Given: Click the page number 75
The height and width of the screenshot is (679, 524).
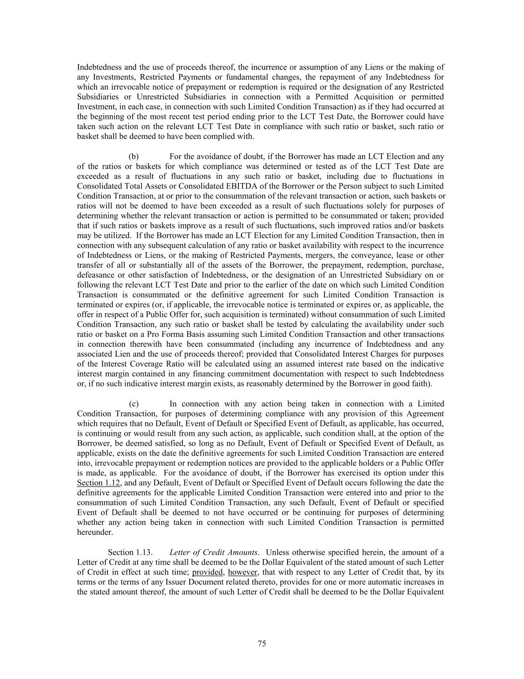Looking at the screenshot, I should (262, 644).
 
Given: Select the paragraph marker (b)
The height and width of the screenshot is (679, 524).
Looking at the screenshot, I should (134, 157).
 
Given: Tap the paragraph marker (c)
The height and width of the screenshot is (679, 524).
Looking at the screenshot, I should (134, 403).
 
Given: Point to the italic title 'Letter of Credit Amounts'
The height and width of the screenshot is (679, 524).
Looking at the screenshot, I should (213, 552).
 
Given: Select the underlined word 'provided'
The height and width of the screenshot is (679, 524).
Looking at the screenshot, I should (207, 572).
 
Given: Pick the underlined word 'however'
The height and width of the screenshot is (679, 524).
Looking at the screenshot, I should (242, 572).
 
